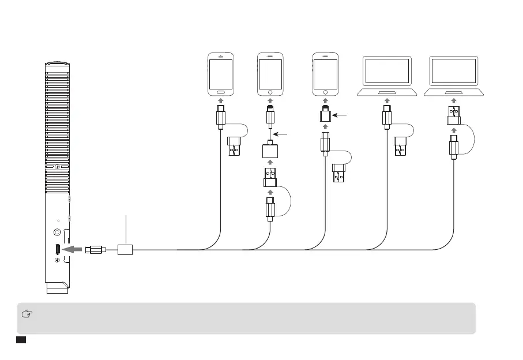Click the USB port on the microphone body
point(57,250)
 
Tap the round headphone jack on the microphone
point(57,232)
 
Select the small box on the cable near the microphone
point(126,250)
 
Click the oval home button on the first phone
point(221,91)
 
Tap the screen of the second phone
point(270,73)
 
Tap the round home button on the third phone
point(326,91)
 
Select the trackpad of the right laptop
point(453,92)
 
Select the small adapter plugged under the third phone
point(326,117)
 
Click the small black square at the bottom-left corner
point(21,341)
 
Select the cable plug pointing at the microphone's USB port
point(95,250)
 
